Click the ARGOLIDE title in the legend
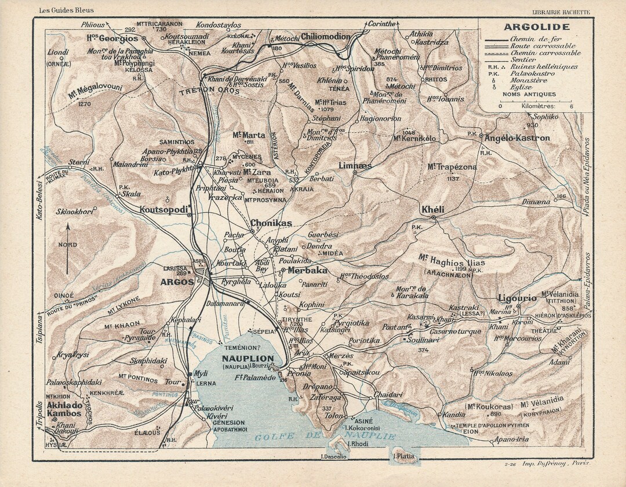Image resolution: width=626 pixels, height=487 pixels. point(536,27)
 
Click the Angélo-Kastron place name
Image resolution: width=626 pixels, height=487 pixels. point(516,138)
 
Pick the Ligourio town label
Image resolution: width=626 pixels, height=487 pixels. point(517,298)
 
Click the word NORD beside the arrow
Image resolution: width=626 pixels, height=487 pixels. point(68,245)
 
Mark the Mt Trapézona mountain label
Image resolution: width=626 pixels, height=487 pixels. point(452,167)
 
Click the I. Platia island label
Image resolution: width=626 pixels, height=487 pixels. point(403,456)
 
